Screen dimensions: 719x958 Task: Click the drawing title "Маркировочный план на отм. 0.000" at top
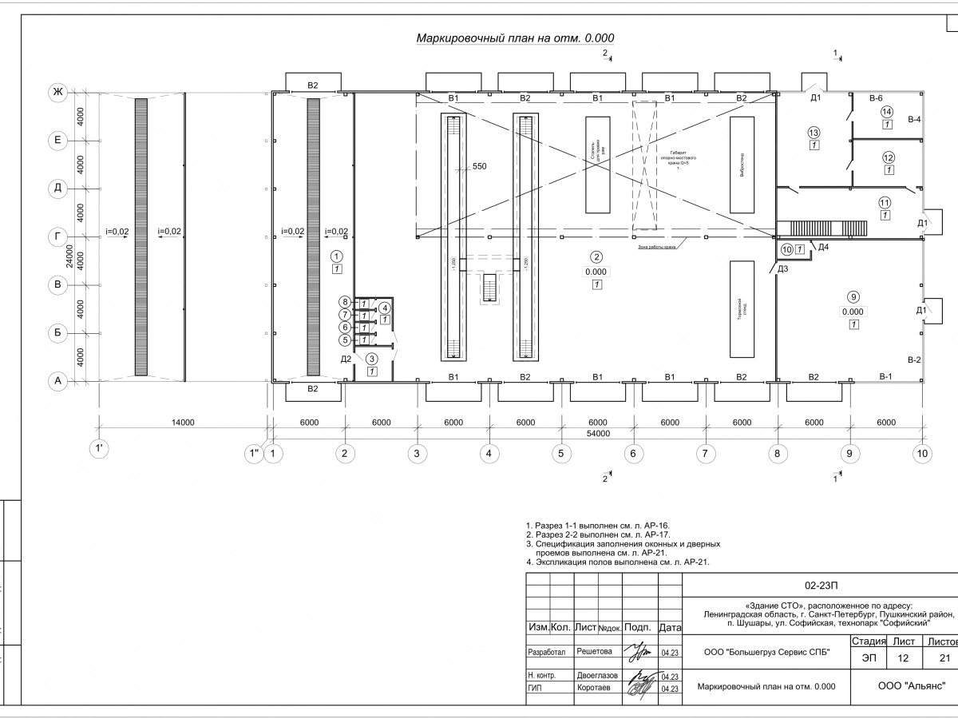[x=515, y=38]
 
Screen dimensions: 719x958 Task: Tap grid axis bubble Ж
[x=57, y=93]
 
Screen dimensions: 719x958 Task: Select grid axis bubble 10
[x=922, y=454]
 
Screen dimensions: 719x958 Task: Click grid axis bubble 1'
[x=99, y=449]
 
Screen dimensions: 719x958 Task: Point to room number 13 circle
[x=814, y=133]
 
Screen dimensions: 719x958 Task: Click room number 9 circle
[x=853, y=296]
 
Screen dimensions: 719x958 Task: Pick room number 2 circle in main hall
[x=596, y=257]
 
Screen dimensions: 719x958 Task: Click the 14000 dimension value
[x=182, y=423]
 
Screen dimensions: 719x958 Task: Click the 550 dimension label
[x=479, y=167]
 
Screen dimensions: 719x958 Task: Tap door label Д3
[x=783, y=269]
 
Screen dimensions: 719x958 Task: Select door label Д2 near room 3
[x=346, y=359]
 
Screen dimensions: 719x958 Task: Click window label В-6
[x=875, y=97]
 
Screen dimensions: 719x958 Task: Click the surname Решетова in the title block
[x=593, y=652]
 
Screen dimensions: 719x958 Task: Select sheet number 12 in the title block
[x=903, y=657]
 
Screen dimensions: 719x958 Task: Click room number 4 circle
[x=385, y=308]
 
